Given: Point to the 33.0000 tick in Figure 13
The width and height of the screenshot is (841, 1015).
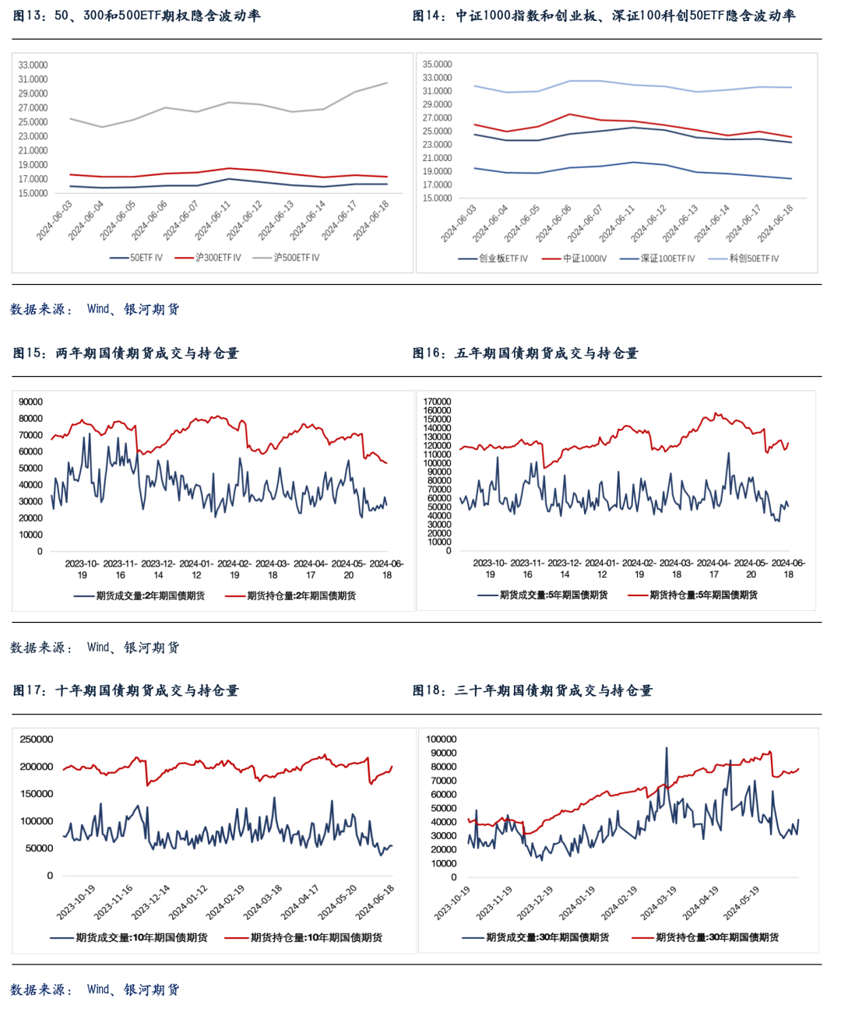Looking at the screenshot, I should click(33, 65).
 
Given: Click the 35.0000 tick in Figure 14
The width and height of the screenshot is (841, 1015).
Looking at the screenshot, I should click(437, 65).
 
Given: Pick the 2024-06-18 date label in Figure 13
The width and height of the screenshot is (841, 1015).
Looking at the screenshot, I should click(372, 220).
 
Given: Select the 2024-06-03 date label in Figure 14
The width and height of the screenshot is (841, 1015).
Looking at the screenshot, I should click(459, 223).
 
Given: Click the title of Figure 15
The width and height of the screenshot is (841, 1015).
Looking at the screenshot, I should click(126, 353).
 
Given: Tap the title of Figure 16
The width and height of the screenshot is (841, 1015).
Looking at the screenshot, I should click(526, 353).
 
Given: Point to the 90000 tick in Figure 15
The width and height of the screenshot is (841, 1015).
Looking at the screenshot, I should click(31, 402).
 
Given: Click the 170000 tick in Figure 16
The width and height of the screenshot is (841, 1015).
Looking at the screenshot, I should click(437, 402).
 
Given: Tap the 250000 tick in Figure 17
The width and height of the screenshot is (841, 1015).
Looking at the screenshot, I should click(37, 739).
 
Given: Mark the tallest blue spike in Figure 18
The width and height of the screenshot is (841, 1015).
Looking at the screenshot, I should click(667, 749).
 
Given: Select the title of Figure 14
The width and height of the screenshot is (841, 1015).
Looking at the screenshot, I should click(604, 16).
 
